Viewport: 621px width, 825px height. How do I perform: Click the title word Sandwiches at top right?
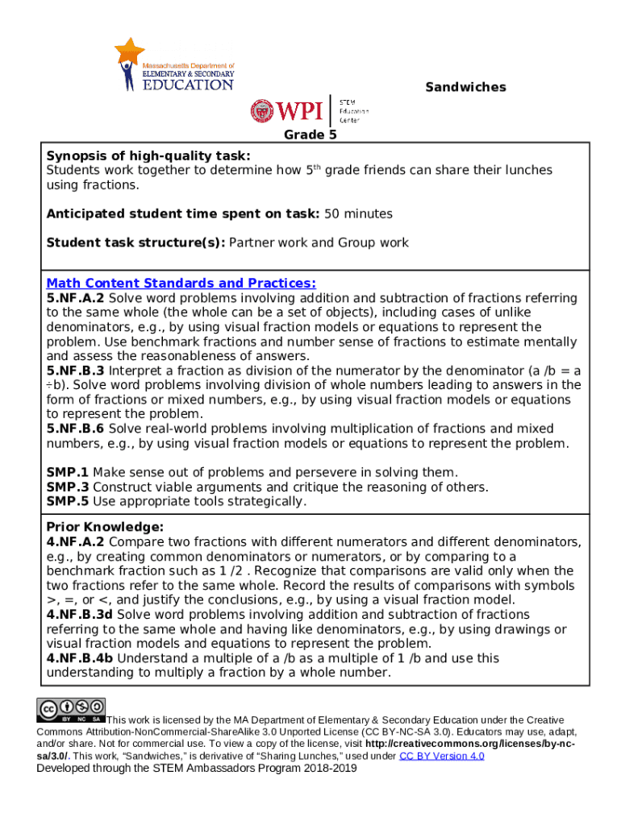[465, 87]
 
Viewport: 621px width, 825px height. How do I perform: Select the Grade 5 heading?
[310, 135]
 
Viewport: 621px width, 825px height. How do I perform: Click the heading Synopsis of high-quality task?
[148, 155]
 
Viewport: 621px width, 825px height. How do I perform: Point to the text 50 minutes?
[358, 214]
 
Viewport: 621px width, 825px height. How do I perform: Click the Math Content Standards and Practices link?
[181, 284]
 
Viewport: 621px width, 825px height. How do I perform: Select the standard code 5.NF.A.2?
[76, 298]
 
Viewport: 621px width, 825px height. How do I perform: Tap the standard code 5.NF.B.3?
[76, 371]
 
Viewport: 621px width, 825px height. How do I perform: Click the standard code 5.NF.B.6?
[76, 429]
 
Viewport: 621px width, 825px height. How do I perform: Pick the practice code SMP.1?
[68, 472]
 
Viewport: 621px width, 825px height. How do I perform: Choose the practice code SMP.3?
[68, 487]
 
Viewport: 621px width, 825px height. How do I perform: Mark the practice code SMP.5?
[68, 501]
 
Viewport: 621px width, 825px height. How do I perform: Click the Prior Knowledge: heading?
[94, 527]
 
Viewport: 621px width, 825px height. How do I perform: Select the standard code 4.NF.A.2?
[76, 541]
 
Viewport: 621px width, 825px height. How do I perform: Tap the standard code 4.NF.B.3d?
[80, 615]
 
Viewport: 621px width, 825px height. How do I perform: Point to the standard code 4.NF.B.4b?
[80, 658]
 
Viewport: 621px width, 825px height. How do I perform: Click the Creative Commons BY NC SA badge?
[71, 709]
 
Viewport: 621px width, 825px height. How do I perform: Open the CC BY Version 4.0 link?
[441, 756]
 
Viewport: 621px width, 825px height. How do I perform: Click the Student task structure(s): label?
[136, 243]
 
